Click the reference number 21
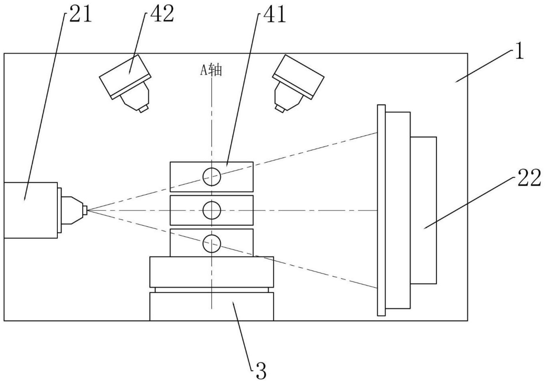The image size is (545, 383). pos(81,14)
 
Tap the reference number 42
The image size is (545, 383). pos(162,14)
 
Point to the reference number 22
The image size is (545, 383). pos(529,178)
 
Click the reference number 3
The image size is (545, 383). pos(261,371)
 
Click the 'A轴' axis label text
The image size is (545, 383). pos(211,70)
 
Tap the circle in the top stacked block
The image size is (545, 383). pos(212,177)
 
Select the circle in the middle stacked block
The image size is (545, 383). pos(212,210)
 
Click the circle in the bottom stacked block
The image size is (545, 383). pos(212,243)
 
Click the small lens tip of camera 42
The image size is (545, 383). pos(143,109)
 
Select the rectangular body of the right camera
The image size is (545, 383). pos(298,76)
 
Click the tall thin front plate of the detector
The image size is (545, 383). pos(381,210)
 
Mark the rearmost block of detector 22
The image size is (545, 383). pos(423,210)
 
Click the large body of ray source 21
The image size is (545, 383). pos(31,210)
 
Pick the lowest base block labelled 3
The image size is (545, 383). pos(212,306)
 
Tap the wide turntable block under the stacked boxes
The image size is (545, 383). pos(212,272)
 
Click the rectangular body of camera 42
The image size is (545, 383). pos(125,77)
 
